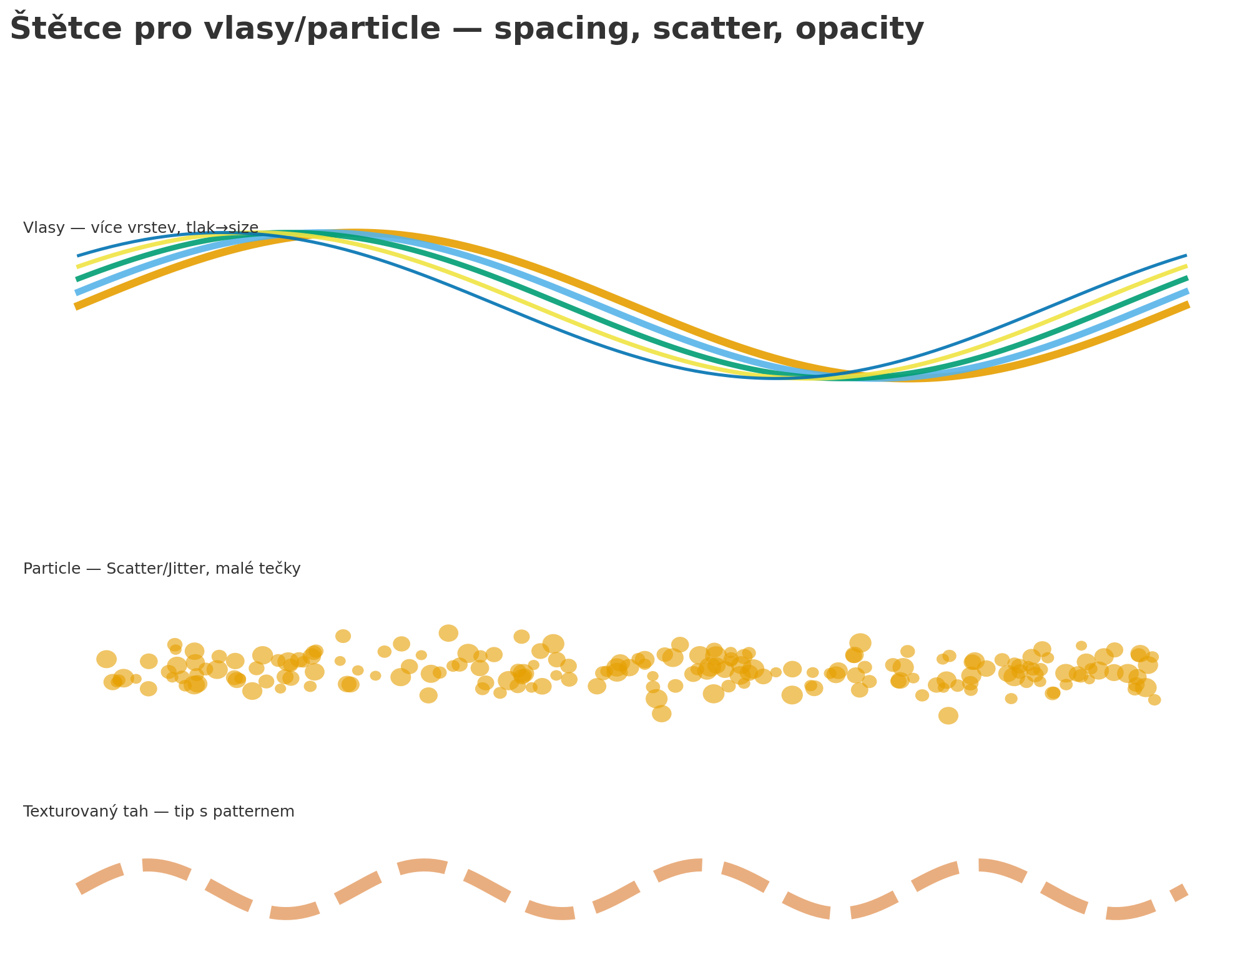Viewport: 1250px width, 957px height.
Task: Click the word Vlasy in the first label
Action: pyautogui.click(x=44, y=228)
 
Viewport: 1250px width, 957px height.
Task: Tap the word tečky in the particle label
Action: pyautogui.click(x=281, y=569)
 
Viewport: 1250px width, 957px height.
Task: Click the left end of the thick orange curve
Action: pyautogui.click(x=76, y=306)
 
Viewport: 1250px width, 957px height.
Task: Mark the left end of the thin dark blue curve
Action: pyautogui.click(x=79, y=255)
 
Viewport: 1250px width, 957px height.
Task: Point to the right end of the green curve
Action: pyautogui.click(x=1186, y=278)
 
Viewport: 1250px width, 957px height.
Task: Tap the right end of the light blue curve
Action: pyautogui.click(x=1186, y=291)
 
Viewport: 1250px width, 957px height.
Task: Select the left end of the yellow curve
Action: pyautogui.click(x=78, y=267)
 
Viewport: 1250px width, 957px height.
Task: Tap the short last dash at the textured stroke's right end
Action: pyautogui.click(x=1179, y=893)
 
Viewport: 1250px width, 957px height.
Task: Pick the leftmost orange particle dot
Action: pyautogui.click(x=106, y=659)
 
